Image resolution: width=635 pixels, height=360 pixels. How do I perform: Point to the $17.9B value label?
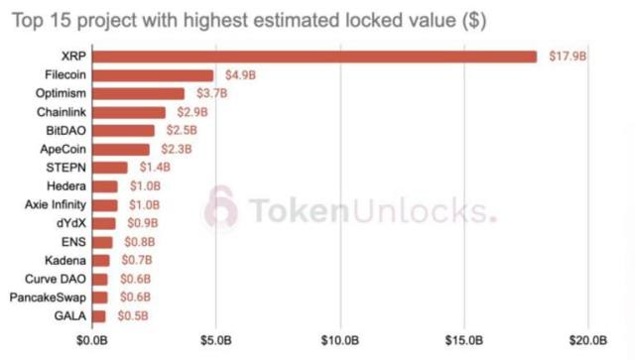pos(568,57)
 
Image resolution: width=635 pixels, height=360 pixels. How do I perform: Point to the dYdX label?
pos(70,223)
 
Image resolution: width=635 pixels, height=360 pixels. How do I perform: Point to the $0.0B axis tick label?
pos(92,342)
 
